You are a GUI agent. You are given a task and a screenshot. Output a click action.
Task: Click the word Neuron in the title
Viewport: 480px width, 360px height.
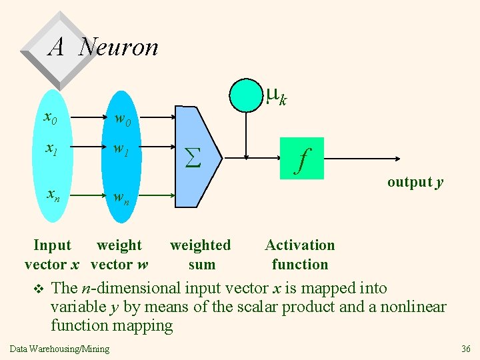[x=119, y=47]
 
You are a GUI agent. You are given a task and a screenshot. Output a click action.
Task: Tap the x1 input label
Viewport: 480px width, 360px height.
[x=50, y=151]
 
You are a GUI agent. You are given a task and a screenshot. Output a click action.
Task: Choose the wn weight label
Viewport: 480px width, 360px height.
[x=121, y=197]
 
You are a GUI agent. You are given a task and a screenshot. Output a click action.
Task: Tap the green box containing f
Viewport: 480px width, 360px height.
[x=301, y=158]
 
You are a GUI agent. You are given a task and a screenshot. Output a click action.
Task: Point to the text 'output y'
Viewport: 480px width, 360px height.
[x=415, y=182]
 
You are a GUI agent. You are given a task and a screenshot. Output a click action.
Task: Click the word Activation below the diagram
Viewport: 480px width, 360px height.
[x=300, y=245]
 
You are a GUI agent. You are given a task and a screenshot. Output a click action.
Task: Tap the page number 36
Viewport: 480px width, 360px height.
[x=466, y=349]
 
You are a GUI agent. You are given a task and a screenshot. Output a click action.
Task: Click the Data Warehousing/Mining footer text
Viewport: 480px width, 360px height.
[x=60, y=349]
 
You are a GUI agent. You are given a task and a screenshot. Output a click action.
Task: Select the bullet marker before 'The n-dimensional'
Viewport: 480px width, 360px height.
[x=38, y=289]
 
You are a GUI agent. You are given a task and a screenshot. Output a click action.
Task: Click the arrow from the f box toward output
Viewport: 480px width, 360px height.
[x=363, y=158]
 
